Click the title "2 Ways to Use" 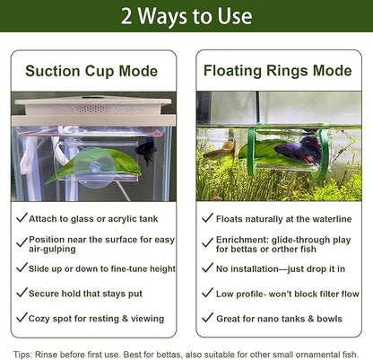pyautogui.click(x=186, y=16)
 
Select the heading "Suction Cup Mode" pyautogui.click(x=91, y=71)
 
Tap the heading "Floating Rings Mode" pyautogui.click(x=278, y=71)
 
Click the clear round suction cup pyautogui.click(x=92, y=167)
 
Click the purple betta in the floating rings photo pyautogui.click(x=297, y=151)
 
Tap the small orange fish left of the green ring pyautogui.click(x=219, y=151)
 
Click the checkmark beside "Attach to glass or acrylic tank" pyautogui.click(x=22, y=217)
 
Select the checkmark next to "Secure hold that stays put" pyautogui.click(x=22, y=293)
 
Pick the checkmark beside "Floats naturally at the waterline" pyautogui.click(x=207, y=217)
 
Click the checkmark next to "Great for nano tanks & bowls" pyautogui.click(x=207, y=317)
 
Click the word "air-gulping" pyautogui.click(x=52, y=250)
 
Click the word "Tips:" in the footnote pyautogui.click(x=23, y=355)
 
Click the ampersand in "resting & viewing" pyautogui.click(x=125, y=319)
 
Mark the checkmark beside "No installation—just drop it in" pyautogui.click(x=207, y=268)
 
